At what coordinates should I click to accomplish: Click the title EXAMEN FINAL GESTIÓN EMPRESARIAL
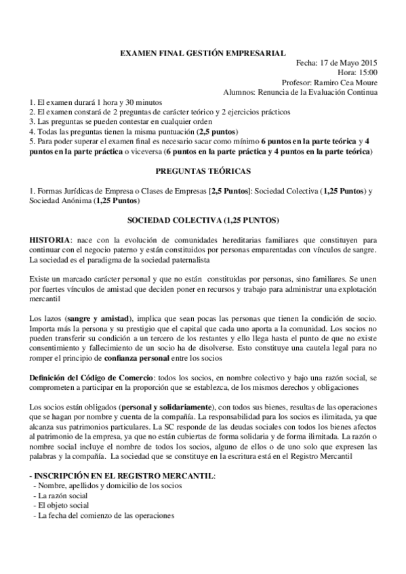[x=203, y=53]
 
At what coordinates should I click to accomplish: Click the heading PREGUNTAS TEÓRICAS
[x=203, y=172]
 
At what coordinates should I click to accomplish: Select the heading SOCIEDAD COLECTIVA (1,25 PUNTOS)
[x=203, y=220]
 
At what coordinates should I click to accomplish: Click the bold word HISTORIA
[x=49, y=240]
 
